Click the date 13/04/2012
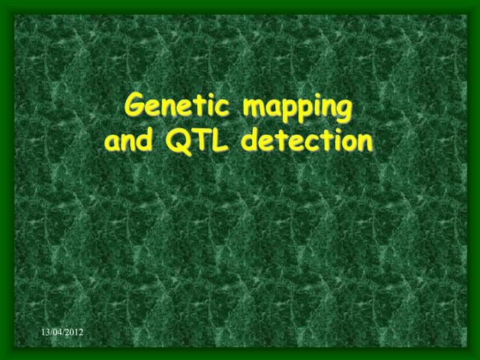[62, 331]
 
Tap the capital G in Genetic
[135, 106]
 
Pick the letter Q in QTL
[180, 140]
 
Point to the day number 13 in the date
[45, 331]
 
